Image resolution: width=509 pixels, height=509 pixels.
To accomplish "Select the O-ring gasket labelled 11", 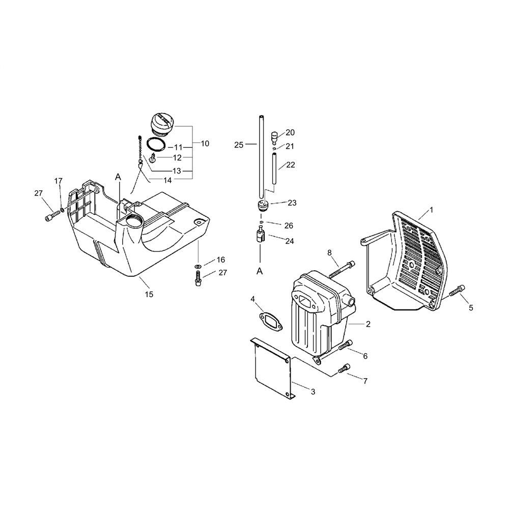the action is (156, 144).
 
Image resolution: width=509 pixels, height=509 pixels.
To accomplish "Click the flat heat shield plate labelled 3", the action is (273, 368).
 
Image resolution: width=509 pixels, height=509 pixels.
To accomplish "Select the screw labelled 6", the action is (345, 345).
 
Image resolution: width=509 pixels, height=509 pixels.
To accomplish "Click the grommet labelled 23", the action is (262, 206).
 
